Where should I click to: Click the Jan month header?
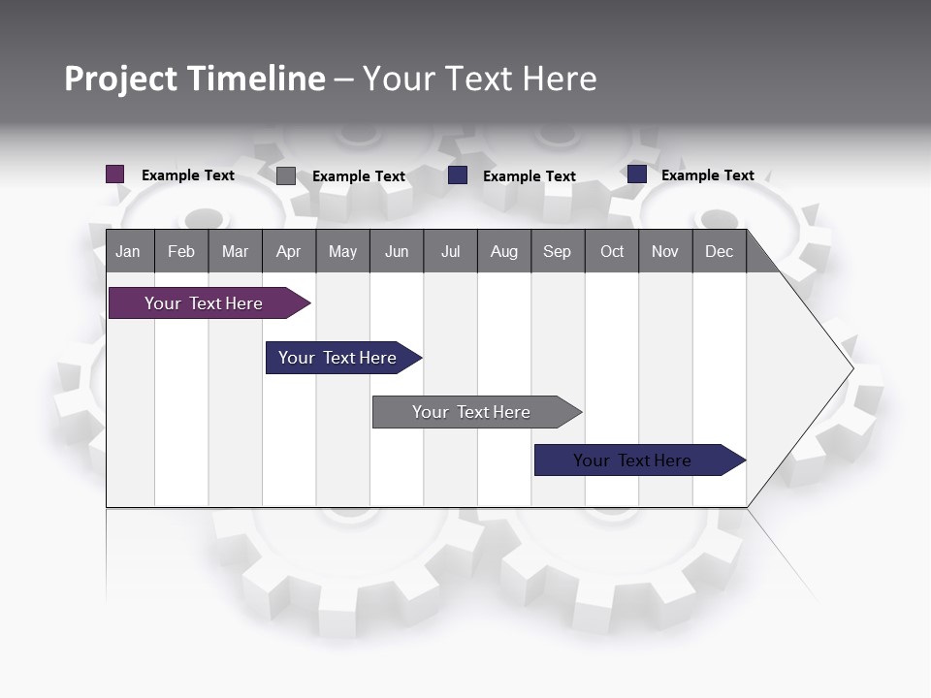pyautogui.click(x=128, y=251)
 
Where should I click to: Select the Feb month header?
pyautogui.click(x=181, y=251)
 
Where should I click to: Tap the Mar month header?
pyautogui.click(x=235, y=251)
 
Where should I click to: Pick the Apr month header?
pyautogui.click(x=288, y=251)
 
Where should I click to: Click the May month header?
pyautogui.click(x=342, y=251)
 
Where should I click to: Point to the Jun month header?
pyautogui.click(x=397, y=251)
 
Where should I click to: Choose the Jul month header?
pyautogui.click(x=450, y=251)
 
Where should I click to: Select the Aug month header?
pyautogui.click(x=504, y=251)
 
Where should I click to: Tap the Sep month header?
pyautogui.click(x=558, y=251)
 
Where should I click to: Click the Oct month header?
pyautogui.click(x=612, y=251)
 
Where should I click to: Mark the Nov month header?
pyautogui.click(x=665, y=251)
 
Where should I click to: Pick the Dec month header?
pyautogui.click(x=720, y=251)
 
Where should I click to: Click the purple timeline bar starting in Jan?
pyautogui.click(x=205, y=303)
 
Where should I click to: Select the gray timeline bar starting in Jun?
pyautogui.click(x=472, y=412)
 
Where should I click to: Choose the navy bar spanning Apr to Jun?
pyautogui.click(x=338, y=358)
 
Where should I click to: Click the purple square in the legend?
pyautogui.click(x=115, y=174)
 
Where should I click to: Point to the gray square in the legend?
pyautogui.click(x=286, y=175)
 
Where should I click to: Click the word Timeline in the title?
pyautogui.click(x=256, y=79)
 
